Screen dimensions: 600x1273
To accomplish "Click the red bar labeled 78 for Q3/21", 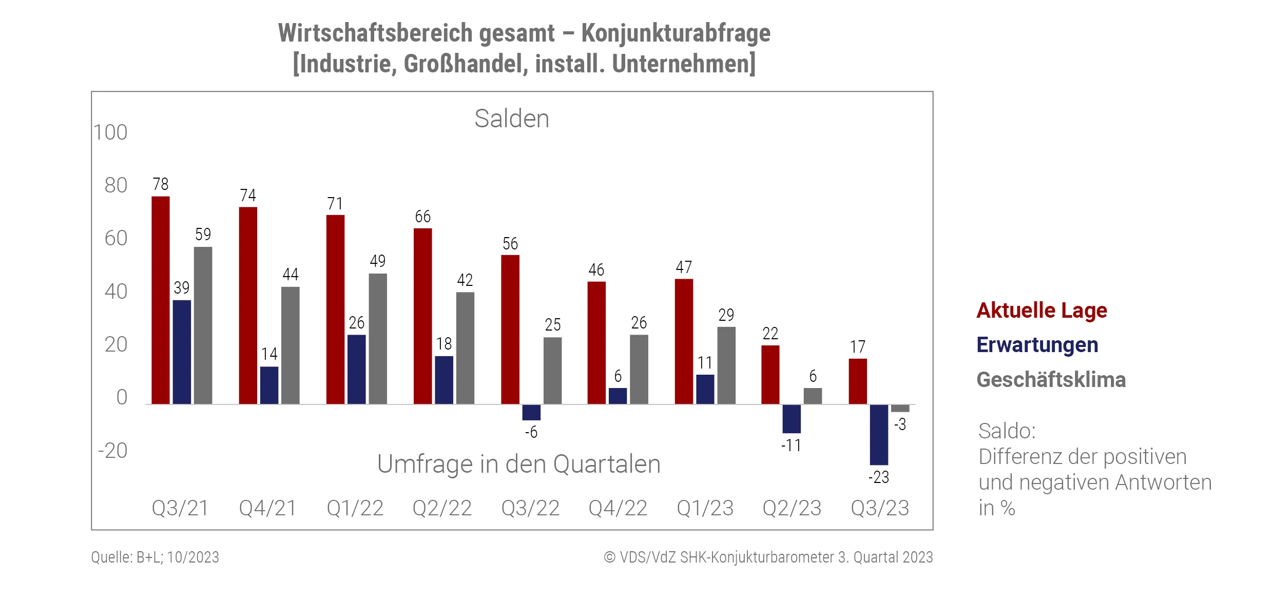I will point(161,300).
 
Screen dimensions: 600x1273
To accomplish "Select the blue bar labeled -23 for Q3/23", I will point(879,434).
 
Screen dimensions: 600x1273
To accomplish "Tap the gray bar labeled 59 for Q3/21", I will point(203,325).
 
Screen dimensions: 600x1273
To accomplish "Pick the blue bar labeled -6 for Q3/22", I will point(531,412).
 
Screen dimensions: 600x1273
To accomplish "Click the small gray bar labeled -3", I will point(900,408).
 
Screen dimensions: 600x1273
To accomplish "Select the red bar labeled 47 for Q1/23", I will point(684,341).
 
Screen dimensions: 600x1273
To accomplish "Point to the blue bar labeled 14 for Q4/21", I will point(269,385).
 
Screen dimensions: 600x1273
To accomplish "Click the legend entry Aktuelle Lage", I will point(1041,311).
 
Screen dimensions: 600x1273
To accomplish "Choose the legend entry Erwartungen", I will point(1037,345).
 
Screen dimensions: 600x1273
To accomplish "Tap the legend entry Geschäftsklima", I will point(1051,380).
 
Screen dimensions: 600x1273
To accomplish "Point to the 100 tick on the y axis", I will point(110,132).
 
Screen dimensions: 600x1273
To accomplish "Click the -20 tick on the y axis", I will point(112,451).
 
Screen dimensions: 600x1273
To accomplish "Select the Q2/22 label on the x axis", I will point(442,508).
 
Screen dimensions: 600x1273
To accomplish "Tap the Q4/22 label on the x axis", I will point(618,508).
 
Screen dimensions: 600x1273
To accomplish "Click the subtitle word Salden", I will point(512,119).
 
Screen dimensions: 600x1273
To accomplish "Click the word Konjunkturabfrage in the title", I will point(676,33).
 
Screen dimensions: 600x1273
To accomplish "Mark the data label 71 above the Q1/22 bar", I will point(335,204).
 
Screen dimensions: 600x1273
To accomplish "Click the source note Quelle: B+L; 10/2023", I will point(155,557).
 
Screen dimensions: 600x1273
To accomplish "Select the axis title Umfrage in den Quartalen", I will point(518,464).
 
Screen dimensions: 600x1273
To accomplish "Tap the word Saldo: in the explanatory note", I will point(1007,431).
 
